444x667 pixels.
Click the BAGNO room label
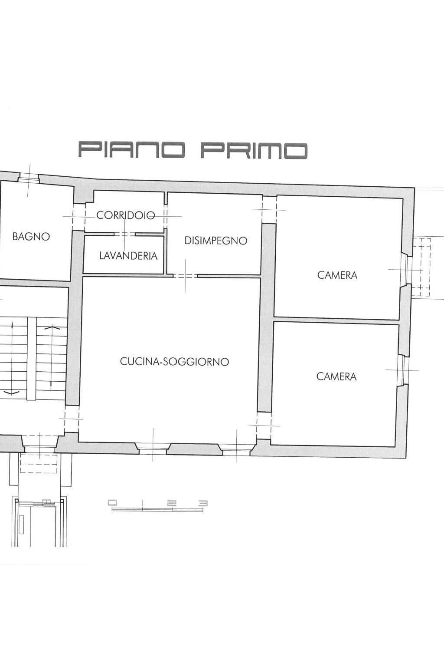pyautogui.click(x=31, y=237)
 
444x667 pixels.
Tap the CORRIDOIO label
pyautogui.click(x=125, y=215)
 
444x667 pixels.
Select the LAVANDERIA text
pyautogui.click(x=128, y=256)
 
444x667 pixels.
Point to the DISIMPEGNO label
pyautogui.click(x=215, y=241)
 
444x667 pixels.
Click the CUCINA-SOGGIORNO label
pyautogui.click(x=174, y=361)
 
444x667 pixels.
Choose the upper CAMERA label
pyautogui.click(x=337, y=275)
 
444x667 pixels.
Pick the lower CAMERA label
pyautogui.click(x=336, y=376)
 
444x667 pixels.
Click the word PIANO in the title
pyautogui.click(x=131, y=150)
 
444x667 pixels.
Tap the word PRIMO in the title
pyautogui.click(x=254, y=150)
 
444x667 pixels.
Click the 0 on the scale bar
pyautogui.click(x=112, y=502)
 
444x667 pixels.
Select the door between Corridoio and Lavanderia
pyautogui.click(x=125, y=234)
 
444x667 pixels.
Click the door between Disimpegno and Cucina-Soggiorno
pyautogui.click(x=185, y=276)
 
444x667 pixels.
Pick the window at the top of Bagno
pyautogui.click(x=29, y=178)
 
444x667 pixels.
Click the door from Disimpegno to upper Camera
pyautogui.click(x=269, y=210)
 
